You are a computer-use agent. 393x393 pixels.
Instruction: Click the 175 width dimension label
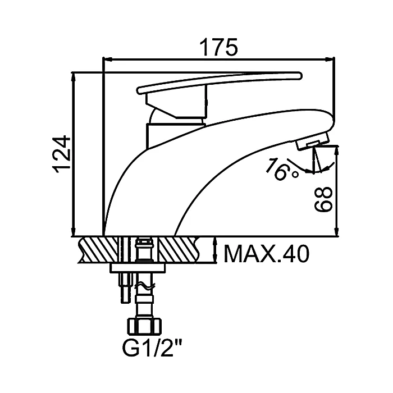point(218,47)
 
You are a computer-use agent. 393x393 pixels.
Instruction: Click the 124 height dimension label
point(61,154)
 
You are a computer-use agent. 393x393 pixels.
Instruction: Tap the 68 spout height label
point(323,199)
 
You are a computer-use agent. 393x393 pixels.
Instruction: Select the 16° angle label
point(282,169)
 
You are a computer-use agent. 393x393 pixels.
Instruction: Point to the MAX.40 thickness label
point(267,254)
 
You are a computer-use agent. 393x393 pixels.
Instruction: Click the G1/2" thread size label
point(152,348)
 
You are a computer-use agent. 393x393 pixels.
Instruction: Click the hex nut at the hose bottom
point(145,326)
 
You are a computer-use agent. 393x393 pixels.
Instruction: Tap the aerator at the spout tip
point(312,142)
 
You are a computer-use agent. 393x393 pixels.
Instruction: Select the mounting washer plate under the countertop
point(138,268)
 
